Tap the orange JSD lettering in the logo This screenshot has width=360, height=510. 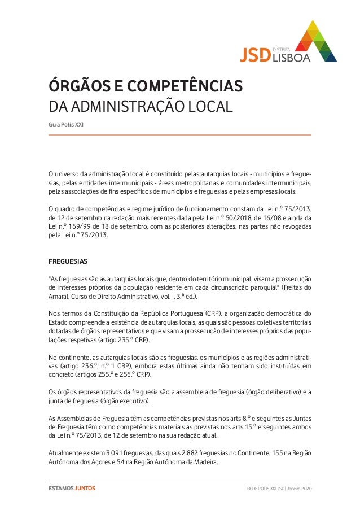(x=255, y=55)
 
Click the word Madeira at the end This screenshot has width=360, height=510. (x=204, y=463)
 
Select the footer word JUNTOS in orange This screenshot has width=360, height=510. (x=85, y=489)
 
